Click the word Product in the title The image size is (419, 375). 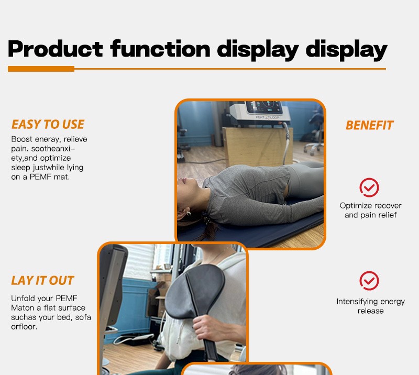click(x=56, y=49)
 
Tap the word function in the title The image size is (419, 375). click(x=160, y=48)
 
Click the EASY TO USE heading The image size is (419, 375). click(x=48, y=125)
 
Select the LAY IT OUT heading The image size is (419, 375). click(x=42, y=281)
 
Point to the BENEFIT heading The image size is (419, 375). click(x=370, y=125)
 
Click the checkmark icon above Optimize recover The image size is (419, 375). click(x=369, y=187)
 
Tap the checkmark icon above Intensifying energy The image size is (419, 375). click(x=369, y=281)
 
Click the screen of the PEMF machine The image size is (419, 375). click(x=264, y=107)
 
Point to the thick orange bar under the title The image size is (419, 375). click(x=41, y=69)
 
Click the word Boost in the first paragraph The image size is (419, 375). click(x=22, y=139)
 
